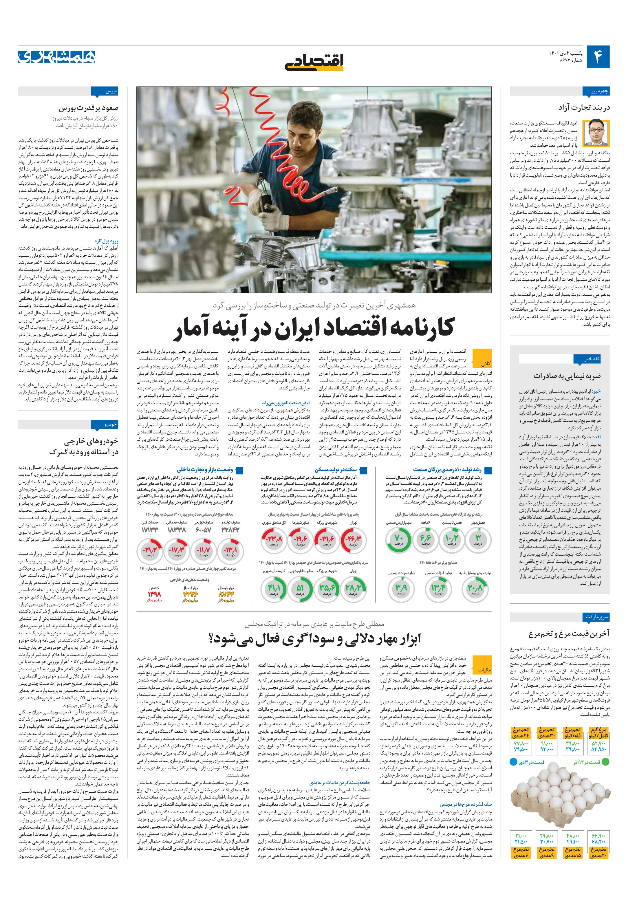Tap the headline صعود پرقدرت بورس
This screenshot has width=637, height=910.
click(x=89, y=107)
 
